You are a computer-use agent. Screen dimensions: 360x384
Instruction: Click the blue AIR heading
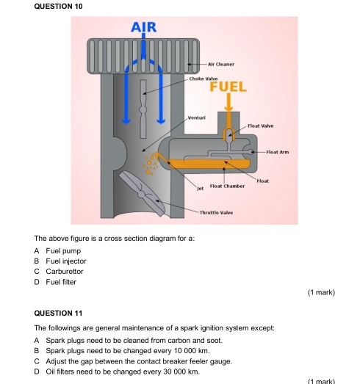tap(143, 27)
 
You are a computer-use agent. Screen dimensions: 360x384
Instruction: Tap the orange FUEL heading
tap(228, 87)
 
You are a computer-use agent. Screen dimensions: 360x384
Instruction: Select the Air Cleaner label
tap(221, 64)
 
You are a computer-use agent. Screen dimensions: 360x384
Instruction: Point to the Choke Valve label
tap(204, 79)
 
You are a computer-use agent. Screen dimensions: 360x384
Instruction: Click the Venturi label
tap(197, 117)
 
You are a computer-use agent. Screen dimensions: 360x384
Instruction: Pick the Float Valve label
tap(261, 126)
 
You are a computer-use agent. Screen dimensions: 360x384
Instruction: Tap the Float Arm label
tap(278, 152)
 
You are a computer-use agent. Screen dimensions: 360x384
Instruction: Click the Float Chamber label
tap(227, 186)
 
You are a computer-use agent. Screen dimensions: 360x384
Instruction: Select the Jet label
tap(201, 188)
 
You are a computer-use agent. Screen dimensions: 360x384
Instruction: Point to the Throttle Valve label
tap(216, 213)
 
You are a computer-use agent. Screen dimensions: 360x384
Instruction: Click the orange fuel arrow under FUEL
tap(228, 102)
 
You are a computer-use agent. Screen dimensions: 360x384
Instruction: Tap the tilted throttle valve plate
tap(142, 194)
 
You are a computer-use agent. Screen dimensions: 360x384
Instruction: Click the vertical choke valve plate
tap(143, 109)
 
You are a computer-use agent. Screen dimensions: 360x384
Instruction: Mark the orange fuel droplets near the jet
tap(151, 163)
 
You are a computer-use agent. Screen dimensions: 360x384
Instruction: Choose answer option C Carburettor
tap(59, 272)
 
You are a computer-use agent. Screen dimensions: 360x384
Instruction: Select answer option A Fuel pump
tap(57, 251)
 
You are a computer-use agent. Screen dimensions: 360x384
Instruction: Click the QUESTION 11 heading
tap(58, 314)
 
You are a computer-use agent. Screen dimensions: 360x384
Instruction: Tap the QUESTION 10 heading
tap(58, 6)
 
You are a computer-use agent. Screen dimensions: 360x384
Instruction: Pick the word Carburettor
tap(65, 272)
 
